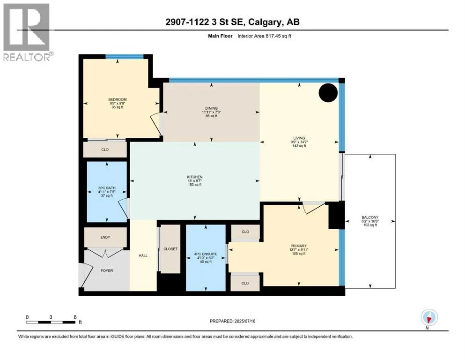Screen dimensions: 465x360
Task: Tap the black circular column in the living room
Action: click(x=328, y=93)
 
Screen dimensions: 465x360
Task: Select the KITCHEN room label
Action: click(x=195, y=177)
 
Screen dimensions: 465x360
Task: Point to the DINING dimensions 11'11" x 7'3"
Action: click(x=212, y=112)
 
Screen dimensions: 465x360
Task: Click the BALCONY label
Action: click(x=370, y=217)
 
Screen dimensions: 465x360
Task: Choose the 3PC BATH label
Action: click(x=107, y=188)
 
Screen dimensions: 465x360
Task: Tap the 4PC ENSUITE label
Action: click(x=206, y=254)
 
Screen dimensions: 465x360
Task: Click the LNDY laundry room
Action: click(x=105, y=237)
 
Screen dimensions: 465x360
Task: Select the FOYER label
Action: click(x=107, y=270)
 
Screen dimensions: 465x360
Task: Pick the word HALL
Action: click(x=143, y=255)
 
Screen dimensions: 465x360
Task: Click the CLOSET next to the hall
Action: click(x=170, y=249)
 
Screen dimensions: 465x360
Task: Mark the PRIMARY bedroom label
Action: click(x=299, y=246)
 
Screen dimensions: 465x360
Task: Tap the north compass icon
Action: click(x=429, y=317)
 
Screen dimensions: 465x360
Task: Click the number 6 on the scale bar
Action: click(x=75, y=317)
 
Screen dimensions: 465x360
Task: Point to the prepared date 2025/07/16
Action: click(x=244, y=321)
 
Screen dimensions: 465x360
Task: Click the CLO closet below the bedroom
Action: click(x=105, y=150)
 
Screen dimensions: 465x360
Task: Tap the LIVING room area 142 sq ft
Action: click(x=299, y=146)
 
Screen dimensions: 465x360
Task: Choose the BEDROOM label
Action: click(x=118, y=99)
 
